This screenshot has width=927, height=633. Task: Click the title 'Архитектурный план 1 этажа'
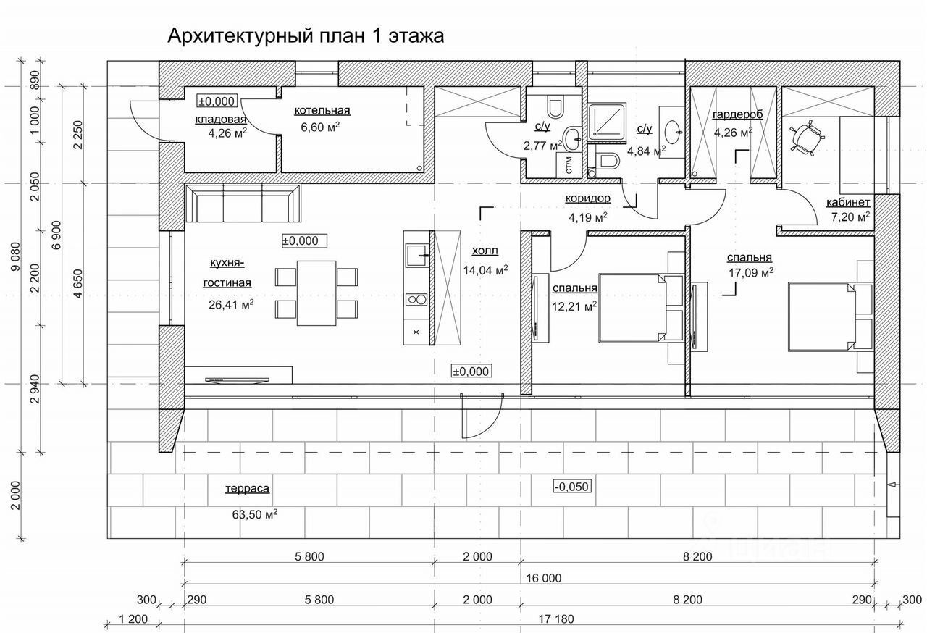click(305, 35)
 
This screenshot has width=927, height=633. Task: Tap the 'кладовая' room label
click(221, 120)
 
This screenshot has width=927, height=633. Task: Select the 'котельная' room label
click(322, 110)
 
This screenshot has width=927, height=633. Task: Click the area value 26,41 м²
click(230, 304)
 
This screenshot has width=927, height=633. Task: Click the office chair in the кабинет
click(806, 137)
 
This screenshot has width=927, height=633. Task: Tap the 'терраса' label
click(247, 489)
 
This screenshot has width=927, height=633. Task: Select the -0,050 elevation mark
click(572, 486)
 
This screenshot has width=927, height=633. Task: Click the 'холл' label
click(485, 251)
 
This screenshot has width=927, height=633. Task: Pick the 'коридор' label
click(588, 198)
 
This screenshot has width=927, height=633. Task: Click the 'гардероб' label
click(738, 114)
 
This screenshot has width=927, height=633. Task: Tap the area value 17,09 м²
click(750, 273)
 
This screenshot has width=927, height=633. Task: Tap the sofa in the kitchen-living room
click(243, 204)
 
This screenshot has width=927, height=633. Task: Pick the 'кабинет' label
click(848, 201)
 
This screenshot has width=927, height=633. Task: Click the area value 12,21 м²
click(574, 306)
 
